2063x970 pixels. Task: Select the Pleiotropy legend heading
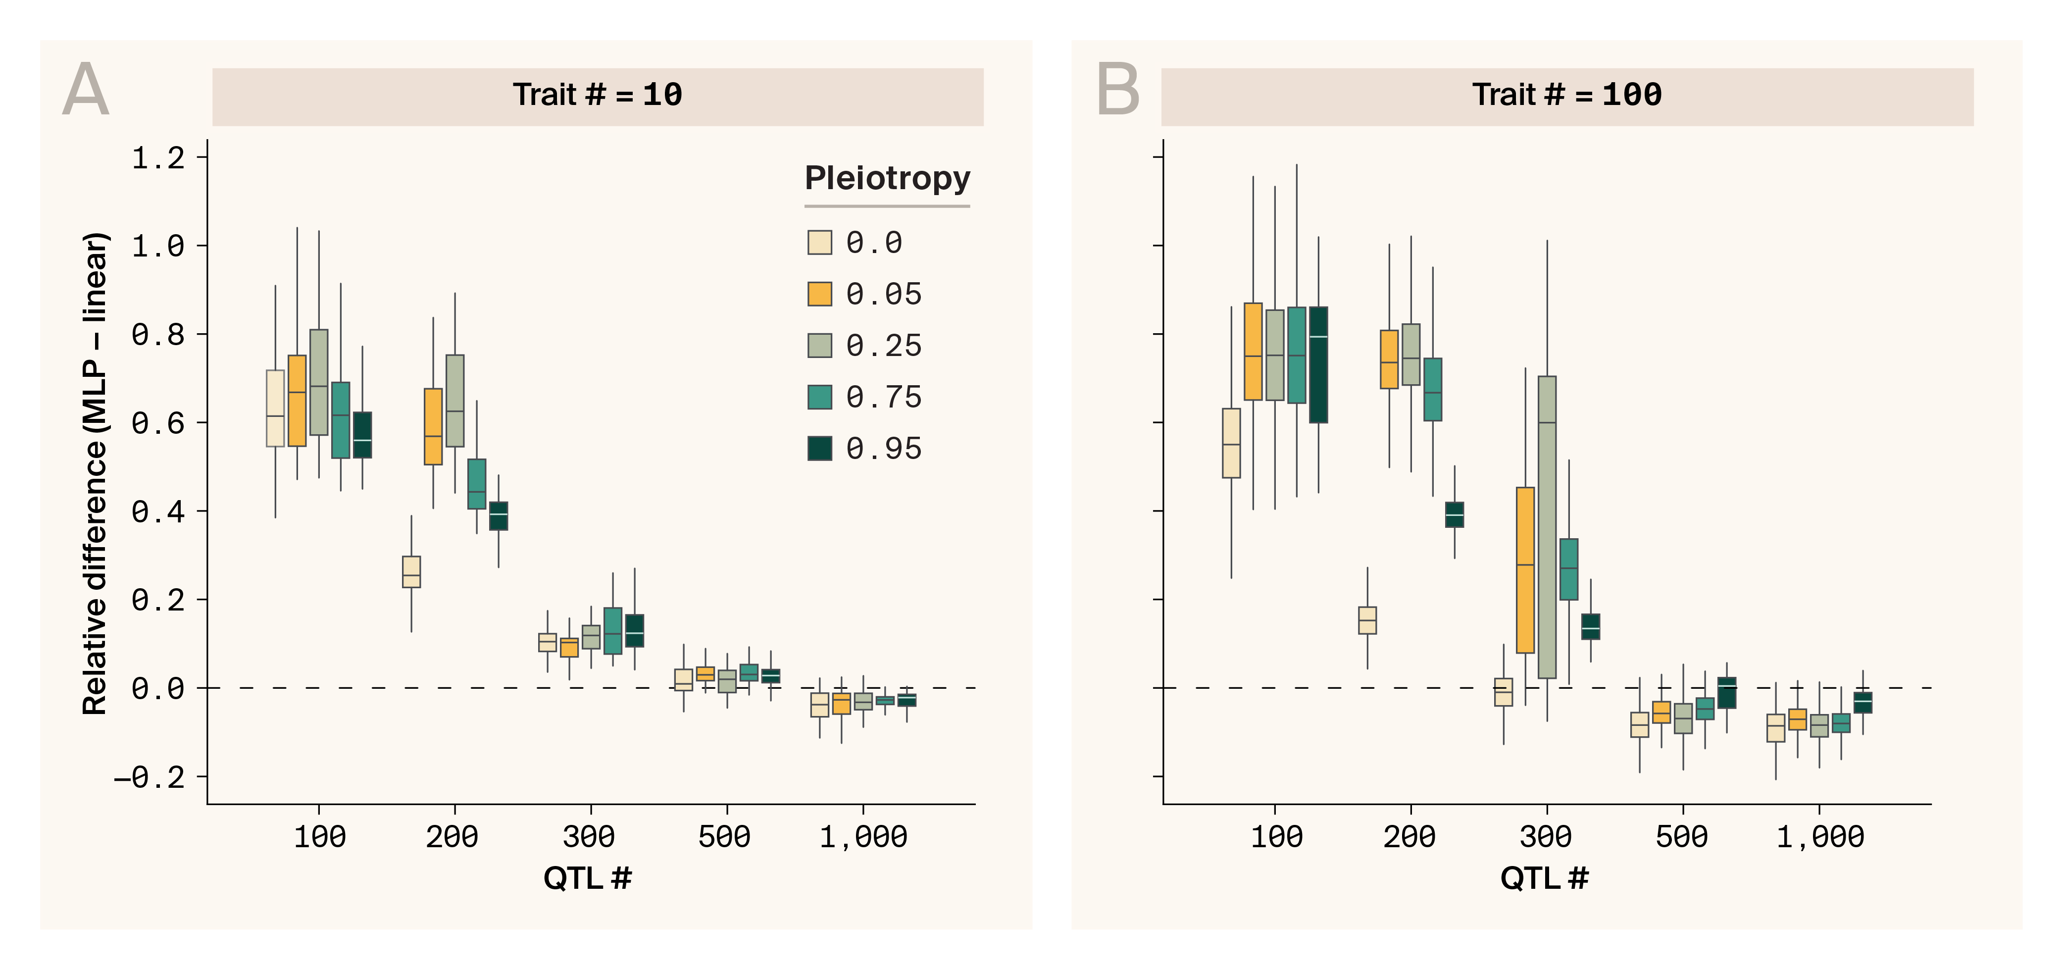pyautogui.click(x=887, y=178)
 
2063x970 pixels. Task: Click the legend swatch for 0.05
pyautogui.click(x=819, y=294)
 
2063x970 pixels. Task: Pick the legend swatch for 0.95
pyautogui.click(x=819, y=449)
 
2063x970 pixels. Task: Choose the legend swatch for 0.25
pyautogui.click(x=819, y=345)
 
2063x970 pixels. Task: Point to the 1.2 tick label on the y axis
pyautogui.click(x=158, y=158)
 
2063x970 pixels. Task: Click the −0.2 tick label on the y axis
pyautogui.click(x=150, y=777)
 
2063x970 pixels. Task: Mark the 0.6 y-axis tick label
pyautogui.click(x=158, y=423)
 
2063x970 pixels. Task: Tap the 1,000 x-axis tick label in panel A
pyautogui.click(x=862, y=837)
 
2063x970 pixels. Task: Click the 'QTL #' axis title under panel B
pyautogui.click(x=1544, y=879)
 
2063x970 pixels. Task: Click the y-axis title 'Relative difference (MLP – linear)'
pyautogui.click(x=95, y=472)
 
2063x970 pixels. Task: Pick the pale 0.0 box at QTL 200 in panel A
pyautogui.click(x=411, y=572)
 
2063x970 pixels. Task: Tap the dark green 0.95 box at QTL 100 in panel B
pyautogui.click(x=1318, y=364)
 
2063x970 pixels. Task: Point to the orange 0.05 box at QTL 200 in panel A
pyautogui.click(x=433, y=426)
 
